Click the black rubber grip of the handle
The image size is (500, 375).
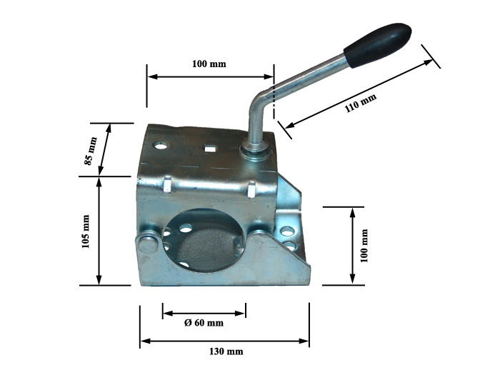click(x=378, y=44)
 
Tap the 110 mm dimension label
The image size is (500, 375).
click(x=361, y=103)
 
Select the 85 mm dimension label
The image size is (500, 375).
click(x=91, y=151)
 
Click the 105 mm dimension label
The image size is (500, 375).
click(x=86, y=231)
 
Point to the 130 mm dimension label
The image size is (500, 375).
click(x=226, y=351)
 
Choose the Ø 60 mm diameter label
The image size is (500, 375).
click(x=204, y=323)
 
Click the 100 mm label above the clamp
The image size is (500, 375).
click(x=209, y=64)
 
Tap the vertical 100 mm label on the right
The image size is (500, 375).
click(x=364, y=246)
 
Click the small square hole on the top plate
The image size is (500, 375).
click(x=209, y=148)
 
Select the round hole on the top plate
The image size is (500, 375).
click(x=161, y=146)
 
